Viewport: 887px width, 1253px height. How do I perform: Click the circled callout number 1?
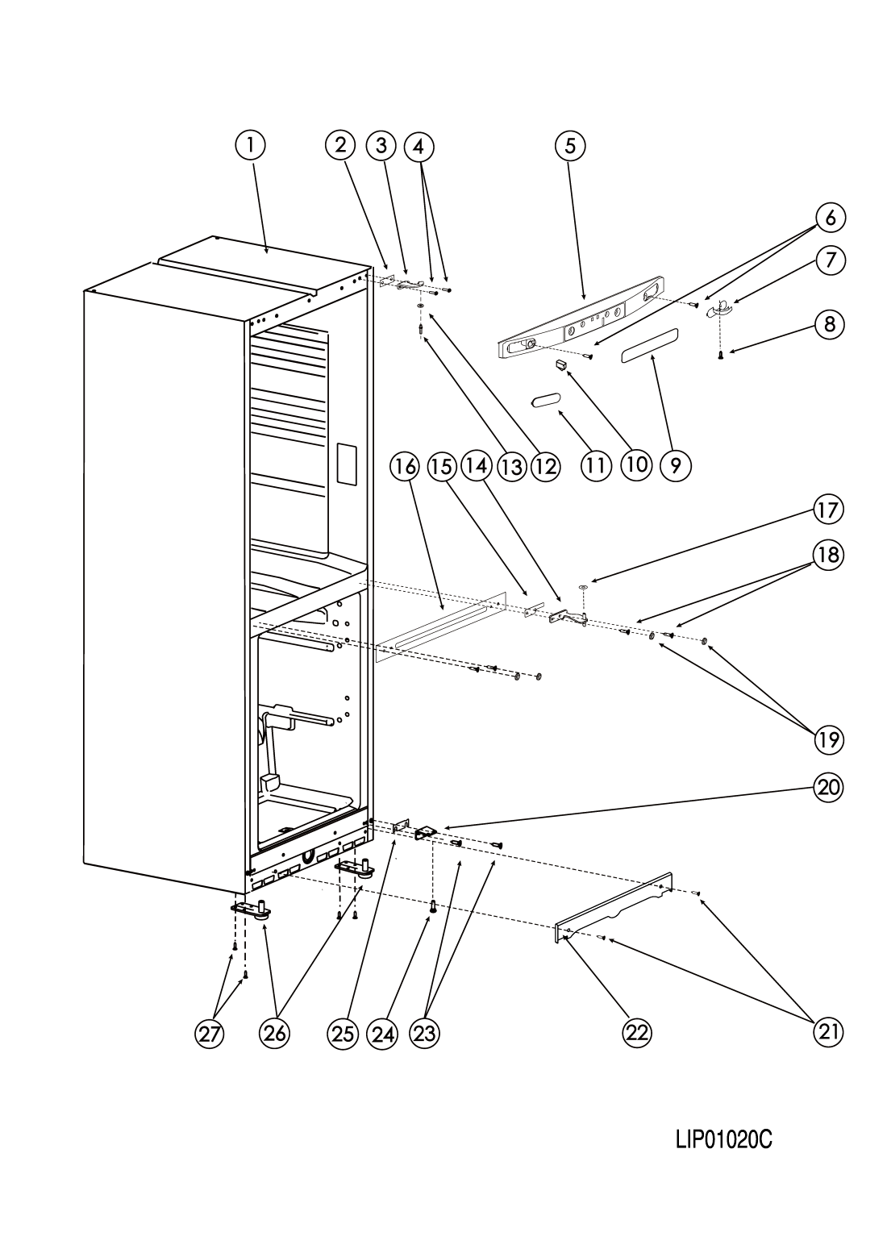(x=250, y=145)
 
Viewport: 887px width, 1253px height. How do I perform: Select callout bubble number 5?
(x=570, y=145)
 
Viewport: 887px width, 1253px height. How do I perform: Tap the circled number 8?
(x=829, y=324)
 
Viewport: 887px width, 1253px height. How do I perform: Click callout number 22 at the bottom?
(x=637, y=1033)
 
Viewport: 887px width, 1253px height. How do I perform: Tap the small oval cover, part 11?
(x=544, y=401)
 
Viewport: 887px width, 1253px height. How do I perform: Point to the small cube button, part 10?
(x=560, y=367)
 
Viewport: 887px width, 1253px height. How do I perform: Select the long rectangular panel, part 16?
(x=440, y=629)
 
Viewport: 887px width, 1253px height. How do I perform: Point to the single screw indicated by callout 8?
(x=722, y=355)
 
